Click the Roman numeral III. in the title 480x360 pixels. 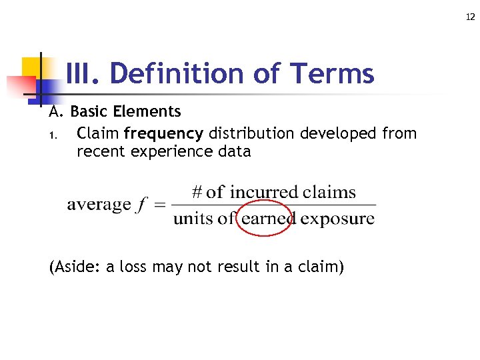coord(83,73)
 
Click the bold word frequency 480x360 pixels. coord(165,133)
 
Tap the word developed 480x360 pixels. coord(339,133)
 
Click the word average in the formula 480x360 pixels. coord(99,204)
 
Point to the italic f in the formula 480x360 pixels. coord(141,205)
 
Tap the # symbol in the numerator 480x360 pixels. coord(197,193)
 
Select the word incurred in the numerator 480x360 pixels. coord(262,193)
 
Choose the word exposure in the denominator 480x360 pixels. coord(337,219)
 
